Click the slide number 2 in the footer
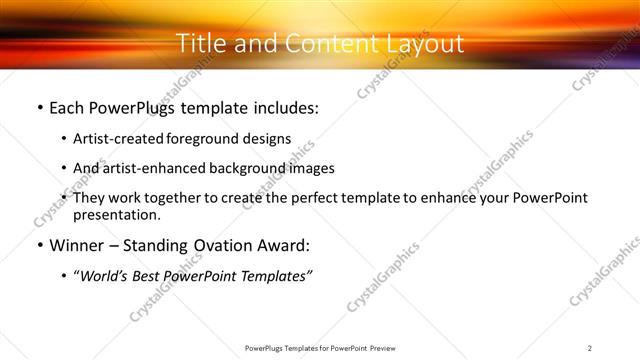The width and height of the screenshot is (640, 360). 590,348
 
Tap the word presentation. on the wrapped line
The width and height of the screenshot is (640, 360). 117,215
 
